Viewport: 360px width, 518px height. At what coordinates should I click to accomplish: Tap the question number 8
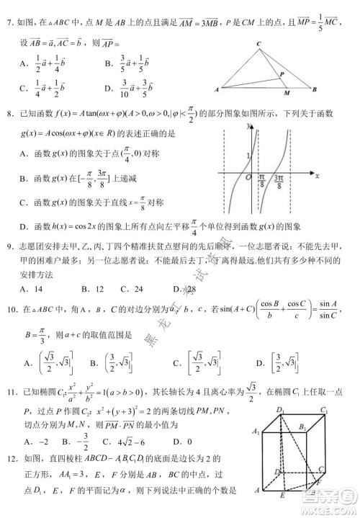(x=11, y=112)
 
